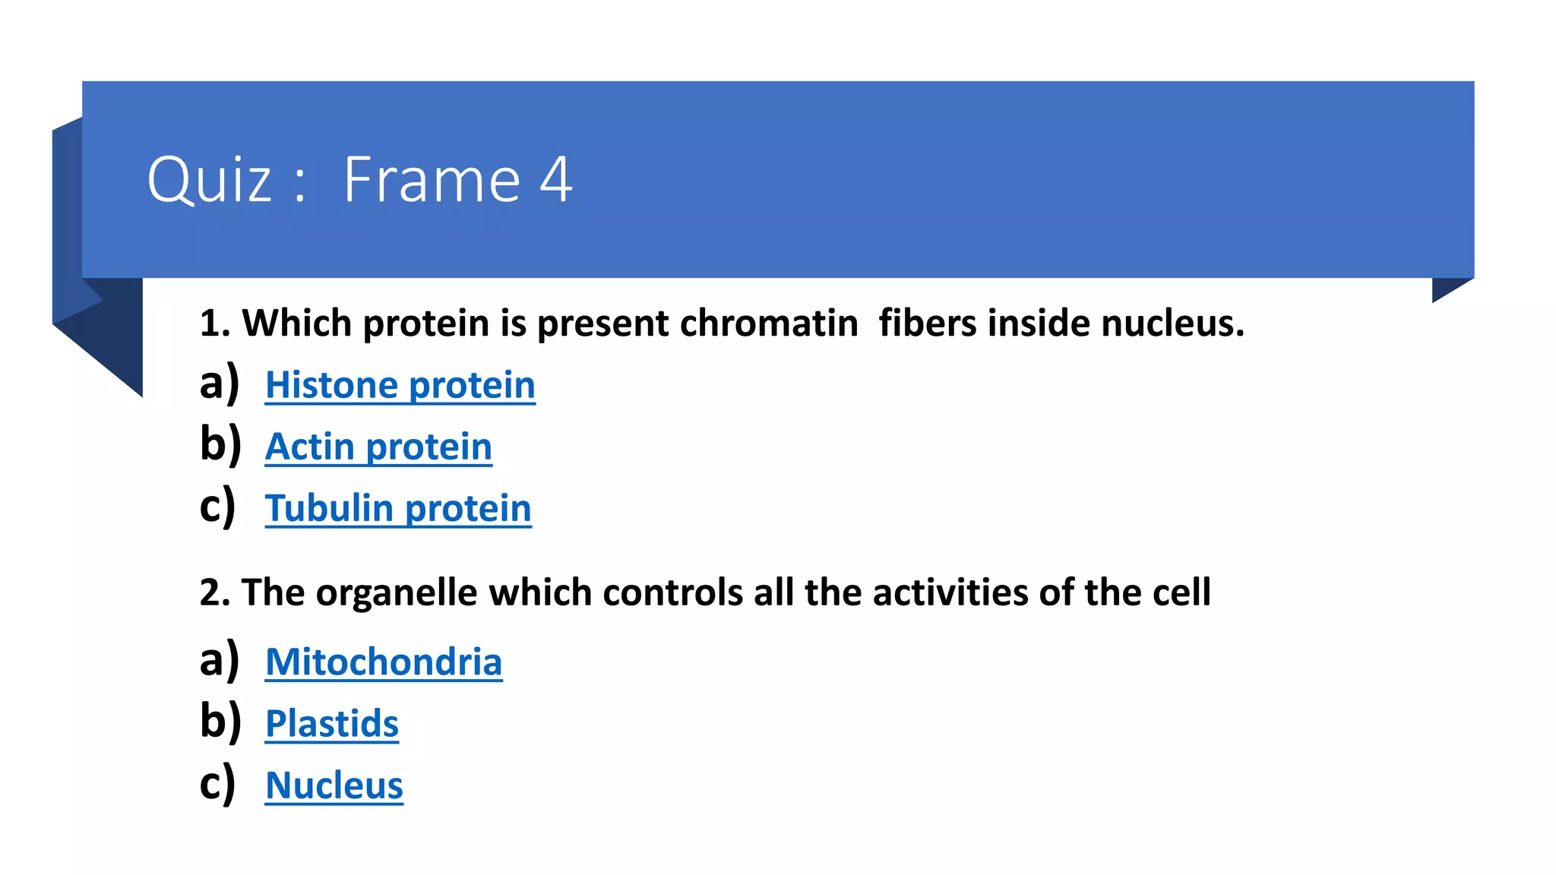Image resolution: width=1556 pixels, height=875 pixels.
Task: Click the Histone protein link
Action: tap(400, 385)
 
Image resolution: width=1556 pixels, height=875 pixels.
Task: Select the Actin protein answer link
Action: tap(378, 447)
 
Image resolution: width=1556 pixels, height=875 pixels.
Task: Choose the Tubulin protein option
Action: tap(398, 508)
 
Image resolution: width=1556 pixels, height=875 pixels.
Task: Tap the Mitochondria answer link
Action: tap(384, 662)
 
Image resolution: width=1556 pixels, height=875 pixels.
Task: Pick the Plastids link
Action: tap(332, 724)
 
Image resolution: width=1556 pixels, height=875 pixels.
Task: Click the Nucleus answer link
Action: tap(334, 785)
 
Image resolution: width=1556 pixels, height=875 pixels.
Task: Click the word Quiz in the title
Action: tap(209, 181)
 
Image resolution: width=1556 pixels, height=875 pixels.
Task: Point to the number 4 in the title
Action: tap(555, 179)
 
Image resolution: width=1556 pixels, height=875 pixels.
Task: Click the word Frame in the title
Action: tap(432, 179)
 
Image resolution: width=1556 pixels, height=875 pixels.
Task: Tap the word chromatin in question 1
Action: tap(769, 324)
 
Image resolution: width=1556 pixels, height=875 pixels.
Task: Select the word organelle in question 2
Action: tap(397, 592)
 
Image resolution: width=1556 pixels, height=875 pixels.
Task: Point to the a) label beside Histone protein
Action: tap(219, 383)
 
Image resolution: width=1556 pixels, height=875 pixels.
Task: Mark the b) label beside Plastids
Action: tap(220, 722)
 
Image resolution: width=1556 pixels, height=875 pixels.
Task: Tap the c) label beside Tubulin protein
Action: tap(217, 507)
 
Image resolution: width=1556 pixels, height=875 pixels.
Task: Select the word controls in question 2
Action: tap(672, 592)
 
